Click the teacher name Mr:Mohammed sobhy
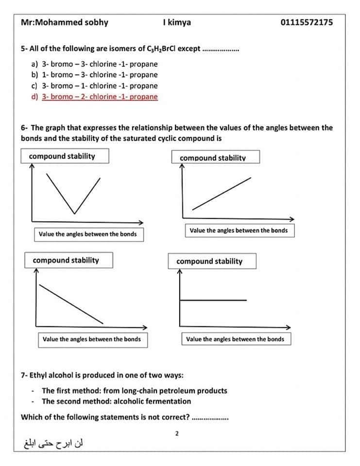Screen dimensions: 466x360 click(65, 22)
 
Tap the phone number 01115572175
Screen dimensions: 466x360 click(307, 22)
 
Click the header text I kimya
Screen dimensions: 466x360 click(177, 22)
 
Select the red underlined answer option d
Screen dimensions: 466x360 click(100, 97)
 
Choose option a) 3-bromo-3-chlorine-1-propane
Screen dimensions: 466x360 click(100, 64)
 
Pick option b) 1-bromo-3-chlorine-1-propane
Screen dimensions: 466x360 click(100, 74)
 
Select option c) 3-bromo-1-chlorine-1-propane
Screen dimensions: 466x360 click(100, 85)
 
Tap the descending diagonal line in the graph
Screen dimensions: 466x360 click(71, 304)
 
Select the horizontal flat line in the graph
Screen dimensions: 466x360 click(214, 300)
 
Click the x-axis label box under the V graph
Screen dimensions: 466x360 click(88, 234)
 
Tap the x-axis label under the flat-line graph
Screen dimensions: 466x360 click(235, 339)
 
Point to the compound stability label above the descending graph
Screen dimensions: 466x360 click(66, 260)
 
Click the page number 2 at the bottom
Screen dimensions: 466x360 click(177, 433)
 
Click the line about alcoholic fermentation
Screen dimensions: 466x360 click(117, 401)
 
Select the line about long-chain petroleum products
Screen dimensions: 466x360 click(135, 390)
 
